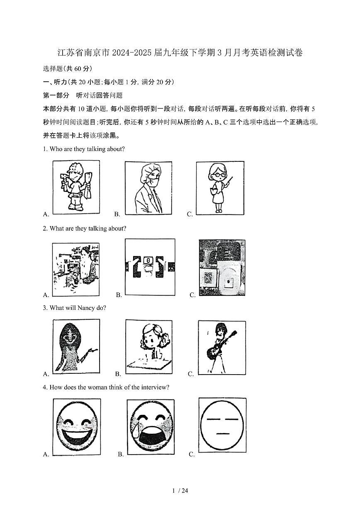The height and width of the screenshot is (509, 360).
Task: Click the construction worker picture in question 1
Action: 76,187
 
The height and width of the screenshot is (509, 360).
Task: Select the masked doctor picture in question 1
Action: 148,188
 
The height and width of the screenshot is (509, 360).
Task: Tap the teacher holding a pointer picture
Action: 220,188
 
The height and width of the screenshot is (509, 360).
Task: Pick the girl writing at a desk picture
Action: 149,346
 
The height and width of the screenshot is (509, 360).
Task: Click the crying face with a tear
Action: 151,427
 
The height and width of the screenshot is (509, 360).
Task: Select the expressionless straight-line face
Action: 222,426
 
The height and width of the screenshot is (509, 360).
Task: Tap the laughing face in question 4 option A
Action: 77,427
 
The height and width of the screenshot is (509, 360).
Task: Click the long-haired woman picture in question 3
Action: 76,345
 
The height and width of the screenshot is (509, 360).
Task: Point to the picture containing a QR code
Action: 222,268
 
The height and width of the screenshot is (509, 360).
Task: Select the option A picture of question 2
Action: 76,269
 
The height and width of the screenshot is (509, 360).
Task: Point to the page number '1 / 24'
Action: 180,491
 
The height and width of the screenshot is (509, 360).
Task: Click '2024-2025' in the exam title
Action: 123,53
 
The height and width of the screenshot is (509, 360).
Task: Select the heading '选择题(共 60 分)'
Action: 68,68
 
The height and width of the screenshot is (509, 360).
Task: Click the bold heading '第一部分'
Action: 56,95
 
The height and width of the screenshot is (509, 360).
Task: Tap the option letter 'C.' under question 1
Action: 190,214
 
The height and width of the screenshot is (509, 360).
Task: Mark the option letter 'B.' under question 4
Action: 121,454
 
